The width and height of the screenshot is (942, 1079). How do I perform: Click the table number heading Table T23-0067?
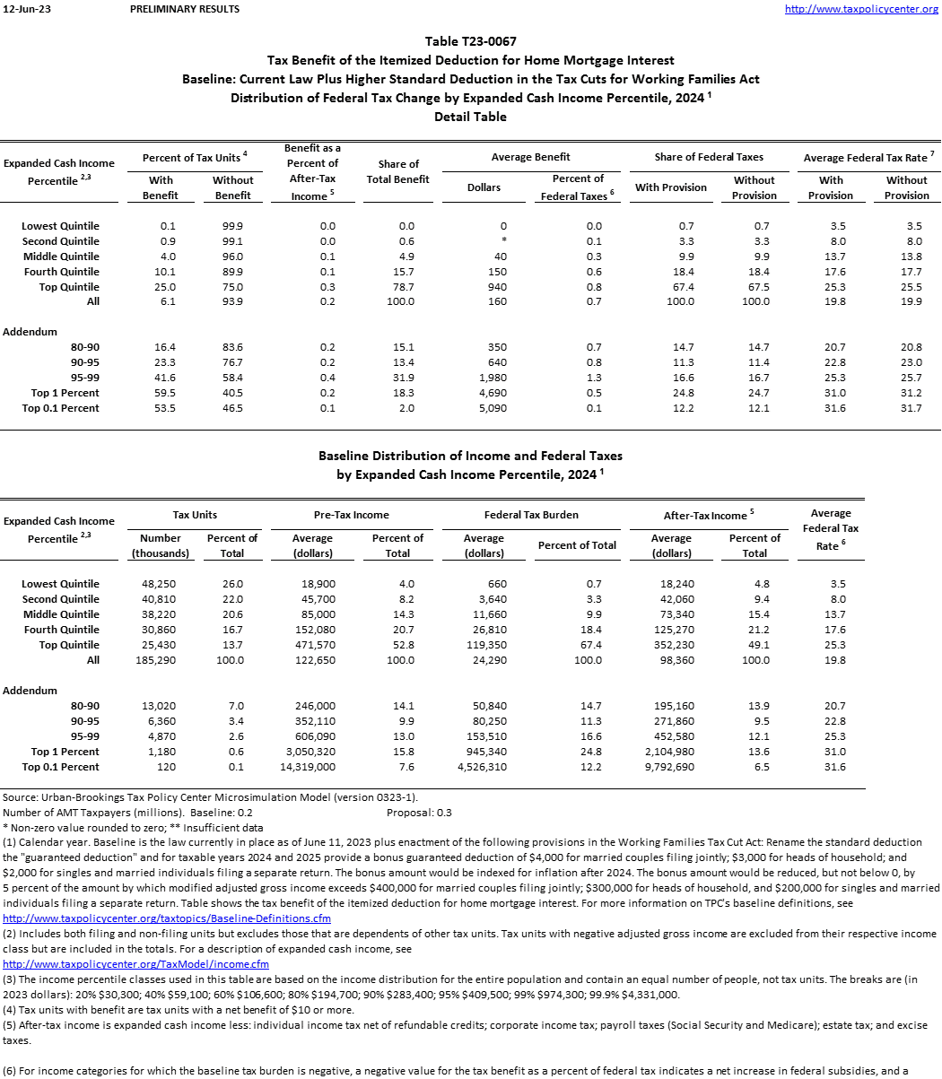click(x=470, y=41)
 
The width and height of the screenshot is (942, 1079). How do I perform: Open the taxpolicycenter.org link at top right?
click(x=861, y=9)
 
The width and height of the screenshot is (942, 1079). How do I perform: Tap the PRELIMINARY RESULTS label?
click(x=185, y=9)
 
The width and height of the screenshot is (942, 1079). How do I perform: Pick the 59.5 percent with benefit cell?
click(x=166, y=393)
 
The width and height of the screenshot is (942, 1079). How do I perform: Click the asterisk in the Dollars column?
click(x=503, y=241)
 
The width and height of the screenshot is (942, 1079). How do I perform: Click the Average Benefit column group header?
click(x=531, y=157)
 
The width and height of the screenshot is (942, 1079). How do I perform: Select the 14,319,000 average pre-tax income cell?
click(x=308, y=767)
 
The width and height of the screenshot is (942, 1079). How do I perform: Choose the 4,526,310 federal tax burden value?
click(x=482, y=767)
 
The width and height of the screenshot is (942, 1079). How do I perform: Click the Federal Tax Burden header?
click(x=531, y=515)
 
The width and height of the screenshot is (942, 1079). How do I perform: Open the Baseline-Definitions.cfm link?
click(x=167, y=918)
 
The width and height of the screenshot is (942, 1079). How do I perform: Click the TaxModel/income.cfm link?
click(x=136, y=964)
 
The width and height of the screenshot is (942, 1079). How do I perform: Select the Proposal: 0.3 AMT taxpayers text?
click(x=419, y=813)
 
